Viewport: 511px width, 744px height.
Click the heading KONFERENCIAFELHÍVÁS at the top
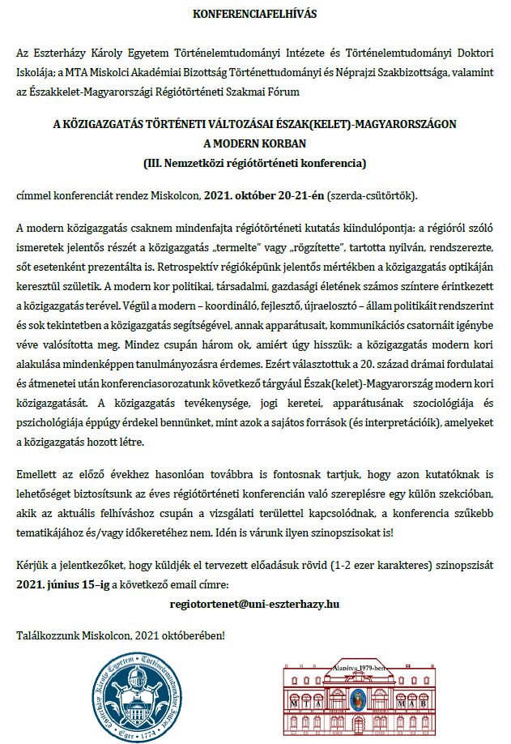[255, 15]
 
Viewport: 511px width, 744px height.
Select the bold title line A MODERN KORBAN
[256, 144]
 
